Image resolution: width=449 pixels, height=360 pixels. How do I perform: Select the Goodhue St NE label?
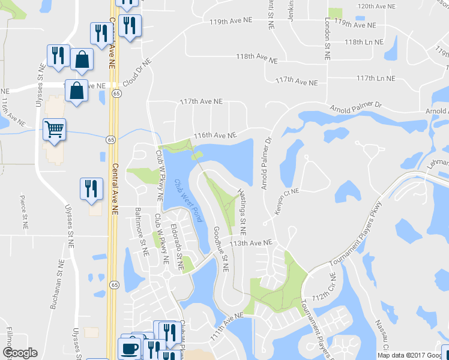pyautogui.click(x=221, y=249)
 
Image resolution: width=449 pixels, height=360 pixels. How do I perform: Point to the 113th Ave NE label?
pyautogui.click(x=252, y=243)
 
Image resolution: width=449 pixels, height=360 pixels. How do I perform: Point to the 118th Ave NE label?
pyautogui.click(x=256, y=58)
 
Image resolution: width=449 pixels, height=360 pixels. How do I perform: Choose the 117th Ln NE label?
pyautogui.click(x=376, y=78)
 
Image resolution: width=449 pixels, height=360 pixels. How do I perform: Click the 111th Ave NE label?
pyautogui.click(x=226, y=323)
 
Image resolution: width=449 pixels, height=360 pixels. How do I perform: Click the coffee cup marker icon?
pyautogui.click(x=129, y=347)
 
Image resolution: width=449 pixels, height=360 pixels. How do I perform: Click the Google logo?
pyautogui.click(x=20, y=353)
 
